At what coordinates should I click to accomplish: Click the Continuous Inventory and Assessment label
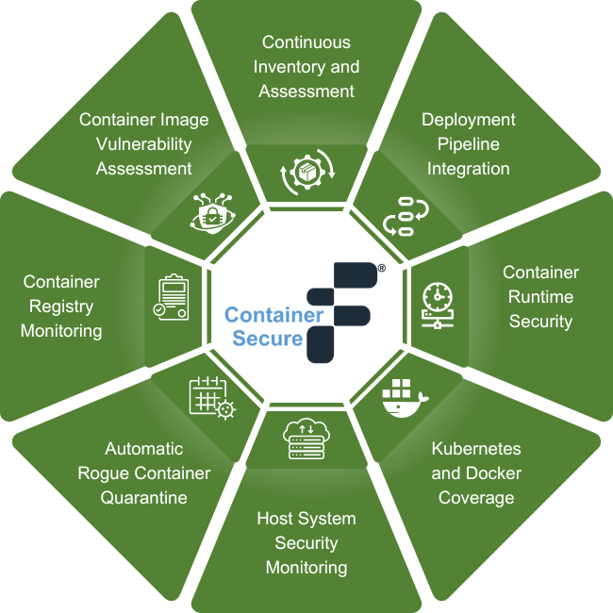pyautogui.click(x=306, y=67)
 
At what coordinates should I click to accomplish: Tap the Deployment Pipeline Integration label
pyautogui.click(x=469, y=144)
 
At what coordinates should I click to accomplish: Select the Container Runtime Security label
pyautogui.click(x=540, y=297)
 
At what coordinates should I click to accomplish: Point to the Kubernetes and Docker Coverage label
pyautogui.click(x=476, y=472)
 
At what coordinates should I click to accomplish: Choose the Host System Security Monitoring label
pyautogui.click(x=306, y=543)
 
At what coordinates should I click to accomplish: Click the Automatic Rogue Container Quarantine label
pyautogui.click(x=144, y=472)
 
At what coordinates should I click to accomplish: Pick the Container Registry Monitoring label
pyautogui.click(x=61, y=306)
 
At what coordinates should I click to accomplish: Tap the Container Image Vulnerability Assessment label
pyautogui.click(x=144, y=144)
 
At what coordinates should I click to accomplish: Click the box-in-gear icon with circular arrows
pyautogui.click(x=306, y=174)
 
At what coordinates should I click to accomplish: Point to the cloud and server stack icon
pyautogui.click(x=305, y=439)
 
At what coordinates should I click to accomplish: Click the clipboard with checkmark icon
pyautogui.click(x=173, y=298)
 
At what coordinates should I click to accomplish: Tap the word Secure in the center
pyautogui.click(x=267, y=337)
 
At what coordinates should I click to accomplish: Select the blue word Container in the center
pyautogui.click(x=273, y=314)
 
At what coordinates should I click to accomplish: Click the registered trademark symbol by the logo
pyautogui.click(x=381, y=269)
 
